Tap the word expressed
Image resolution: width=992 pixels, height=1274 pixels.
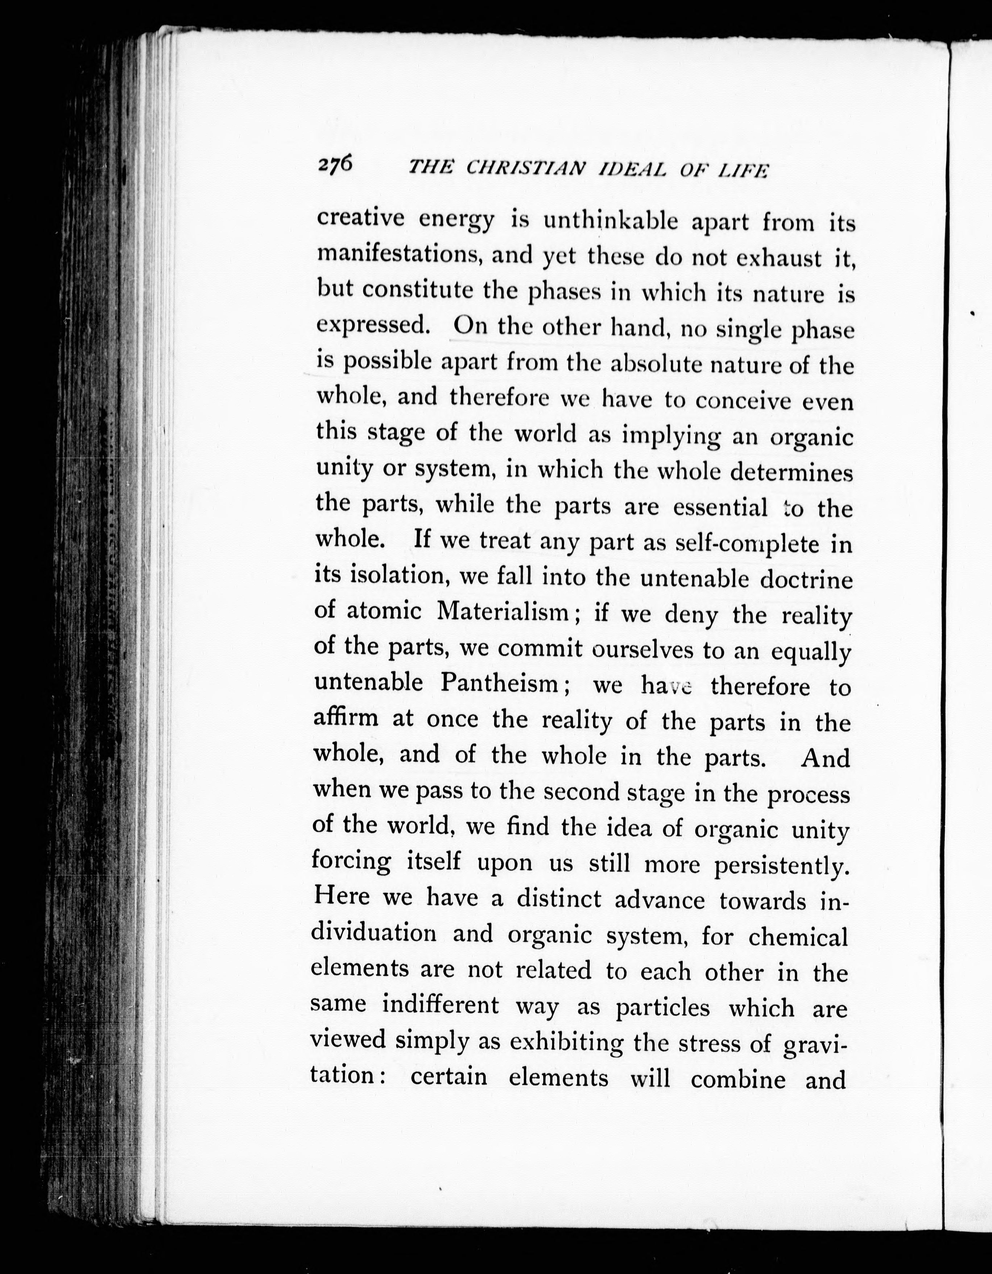point(373,325)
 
